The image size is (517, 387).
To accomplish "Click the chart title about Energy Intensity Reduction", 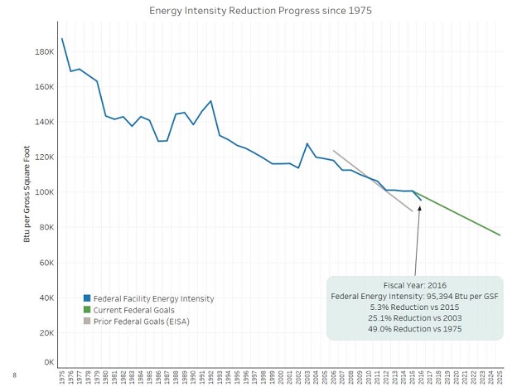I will tap(260, 11).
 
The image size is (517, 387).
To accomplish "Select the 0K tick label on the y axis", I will tap(48, 363).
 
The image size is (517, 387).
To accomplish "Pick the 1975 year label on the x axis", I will tap(62, 377).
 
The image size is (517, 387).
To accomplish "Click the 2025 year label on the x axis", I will tap(500, 377).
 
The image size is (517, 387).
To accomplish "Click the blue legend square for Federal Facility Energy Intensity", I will tap(87, 298).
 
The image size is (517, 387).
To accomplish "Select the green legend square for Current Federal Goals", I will tap(87, 310).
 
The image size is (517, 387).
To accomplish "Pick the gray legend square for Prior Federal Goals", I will tap(87, 322).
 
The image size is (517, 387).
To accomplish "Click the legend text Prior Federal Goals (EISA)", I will tap(142, 322).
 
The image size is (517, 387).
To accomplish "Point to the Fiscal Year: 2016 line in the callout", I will tap(414, 284).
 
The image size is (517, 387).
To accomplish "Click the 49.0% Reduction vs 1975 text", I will tap(414, 329).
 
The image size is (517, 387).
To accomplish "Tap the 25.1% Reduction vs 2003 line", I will tap(414, 317).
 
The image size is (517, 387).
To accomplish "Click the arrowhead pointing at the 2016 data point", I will tap(420, 207).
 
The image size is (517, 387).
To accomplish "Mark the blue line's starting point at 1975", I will tap(62, 39).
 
